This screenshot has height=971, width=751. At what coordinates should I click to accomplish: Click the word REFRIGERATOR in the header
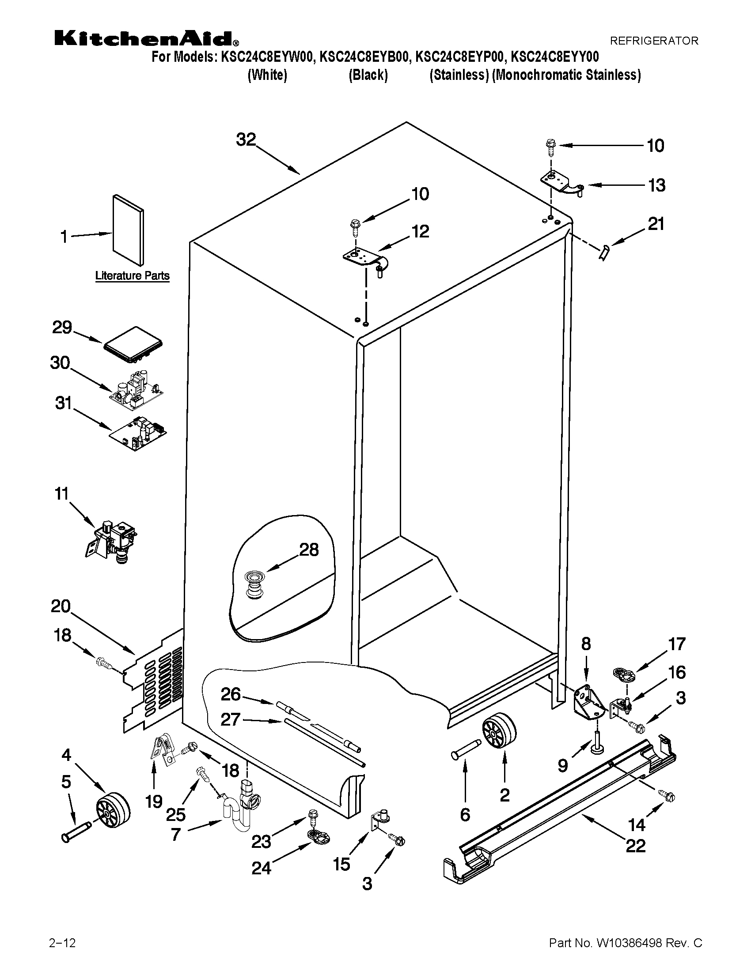coord(653,41)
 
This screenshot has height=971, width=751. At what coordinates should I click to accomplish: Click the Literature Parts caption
coord(132,276)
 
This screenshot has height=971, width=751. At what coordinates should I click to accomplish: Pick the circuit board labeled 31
coord(138,434)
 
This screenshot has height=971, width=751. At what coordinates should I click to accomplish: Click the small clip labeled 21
coord(605,253)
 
